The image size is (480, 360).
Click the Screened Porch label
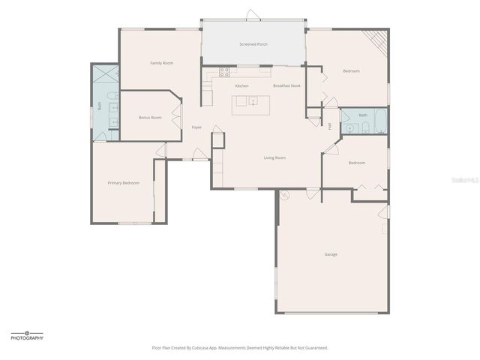pyautogui.click(x=253, y=44)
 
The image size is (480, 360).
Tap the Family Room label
pyautogui.click(x=161, y=63)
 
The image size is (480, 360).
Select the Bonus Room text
pyautogui.click(x=150, y=118)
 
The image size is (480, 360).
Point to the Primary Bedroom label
pyautogui.click(x=123, y=183)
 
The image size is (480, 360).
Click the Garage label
pyautogui.click(x=331, y=254)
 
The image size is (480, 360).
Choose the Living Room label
pyautogui.click(x=274, y=157)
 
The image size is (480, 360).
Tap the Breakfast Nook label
pyautogui.click(x=286, y=85)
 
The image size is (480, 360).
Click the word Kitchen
pyautogui.click(x=241, y=85)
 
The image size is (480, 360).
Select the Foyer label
pyautogui.click(x=196, y=127)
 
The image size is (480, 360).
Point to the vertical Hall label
pyautogui.click(x=329, y=125)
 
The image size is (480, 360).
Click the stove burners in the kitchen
pyautogui.click(x=223, y=72)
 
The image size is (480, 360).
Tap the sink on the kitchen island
pyautogui.click(x=253, y=100)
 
